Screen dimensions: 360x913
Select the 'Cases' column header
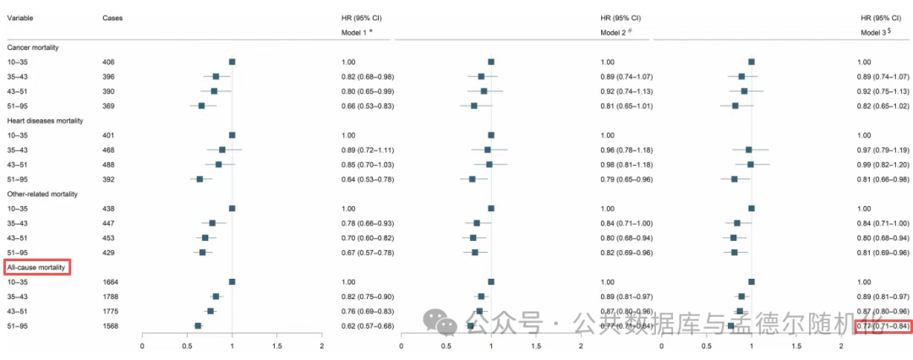click(112, 17)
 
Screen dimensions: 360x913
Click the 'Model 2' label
click(615, 32)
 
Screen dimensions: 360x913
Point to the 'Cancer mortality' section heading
click(39, 47)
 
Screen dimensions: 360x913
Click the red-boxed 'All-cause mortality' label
click(38, 267)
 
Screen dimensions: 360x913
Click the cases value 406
click(109, 62)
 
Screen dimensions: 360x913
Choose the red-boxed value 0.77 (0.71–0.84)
click(884, 325)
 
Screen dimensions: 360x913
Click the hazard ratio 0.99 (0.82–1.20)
click(884, 164)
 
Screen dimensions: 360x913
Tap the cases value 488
click(109, 164)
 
